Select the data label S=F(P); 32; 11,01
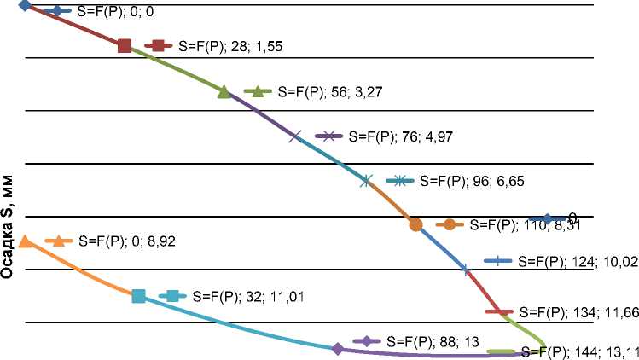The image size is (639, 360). pyautogui.click(x=248, y=297)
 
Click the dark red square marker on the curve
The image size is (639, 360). pyautogui.click(x=125, y=46)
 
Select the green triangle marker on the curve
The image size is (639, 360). pyautogui.click(x=224, y=92)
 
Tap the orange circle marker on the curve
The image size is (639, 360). pyautogui.click(x=415, y=225)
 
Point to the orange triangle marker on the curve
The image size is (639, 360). pyautogui.click(x=26, y=241)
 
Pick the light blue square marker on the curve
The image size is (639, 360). pyautogui.click(x=138, y=296)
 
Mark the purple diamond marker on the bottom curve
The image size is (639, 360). pyautogui.click(x=338, y=349)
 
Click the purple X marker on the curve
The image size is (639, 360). pyautogui.click(x=295, y=136)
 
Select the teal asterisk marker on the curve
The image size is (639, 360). pyautogui.click(x=366, y=180)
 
